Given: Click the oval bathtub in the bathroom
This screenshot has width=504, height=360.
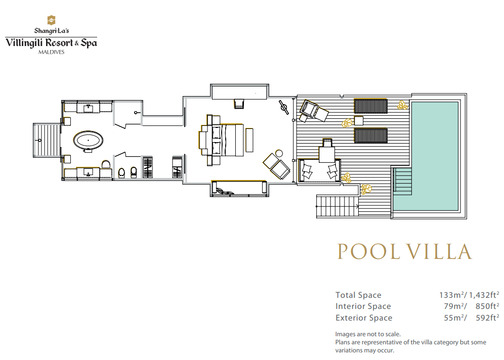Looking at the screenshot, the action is coord(89,141).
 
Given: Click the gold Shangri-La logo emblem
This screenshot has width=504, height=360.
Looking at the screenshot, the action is coord(51,20).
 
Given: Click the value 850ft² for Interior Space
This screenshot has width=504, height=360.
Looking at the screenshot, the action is coord(487,306).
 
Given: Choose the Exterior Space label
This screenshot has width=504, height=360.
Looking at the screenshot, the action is coord(364,318).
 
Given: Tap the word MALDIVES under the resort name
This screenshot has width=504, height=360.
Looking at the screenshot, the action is coord(52,52).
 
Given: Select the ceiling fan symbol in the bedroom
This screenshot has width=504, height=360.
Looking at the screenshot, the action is coord(283,107).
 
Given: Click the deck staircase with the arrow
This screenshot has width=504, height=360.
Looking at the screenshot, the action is coord(338,206).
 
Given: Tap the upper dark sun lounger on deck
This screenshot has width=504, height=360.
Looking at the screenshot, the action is coord(370,106).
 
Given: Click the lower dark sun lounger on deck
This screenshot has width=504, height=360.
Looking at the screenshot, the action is coord(370,136).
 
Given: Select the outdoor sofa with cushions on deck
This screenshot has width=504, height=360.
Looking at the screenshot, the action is coord(319,170).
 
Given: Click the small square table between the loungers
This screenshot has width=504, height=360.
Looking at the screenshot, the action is coord(358,121).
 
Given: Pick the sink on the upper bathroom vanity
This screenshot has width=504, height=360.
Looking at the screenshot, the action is coord(88,108).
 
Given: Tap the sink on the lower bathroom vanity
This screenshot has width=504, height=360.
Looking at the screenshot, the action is coord(88,173).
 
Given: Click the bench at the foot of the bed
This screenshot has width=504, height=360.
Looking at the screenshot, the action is coord(249,140).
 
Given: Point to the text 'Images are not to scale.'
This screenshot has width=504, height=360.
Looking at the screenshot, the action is coord(368,334).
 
